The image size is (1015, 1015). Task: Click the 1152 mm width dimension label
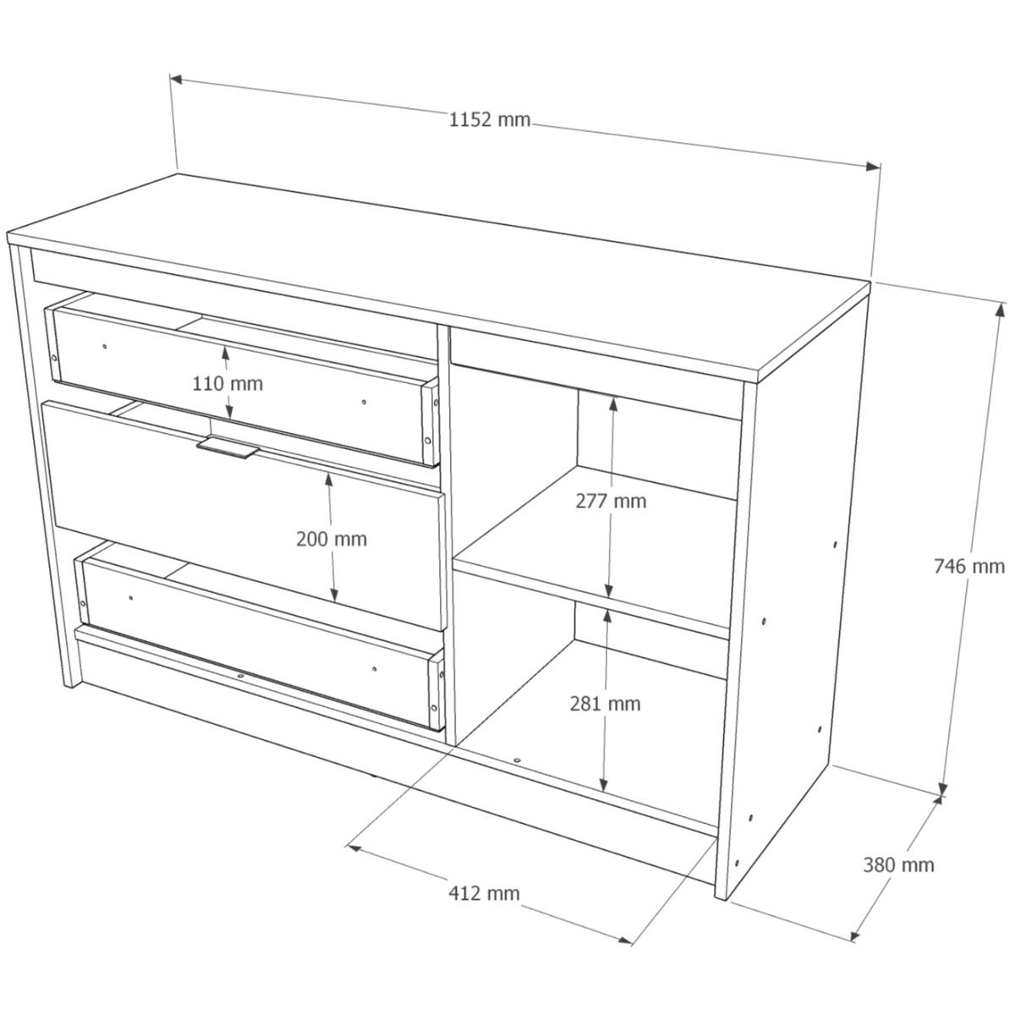tap(490, 120)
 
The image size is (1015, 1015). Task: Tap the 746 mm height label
tap(969, 566)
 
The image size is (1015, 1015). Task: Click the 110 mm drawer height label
tap(228, 383)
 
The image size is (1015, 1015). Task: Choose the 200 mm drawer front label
tap(332, 540)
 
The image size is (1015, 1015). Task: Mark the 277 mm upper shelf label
tap(611, 501)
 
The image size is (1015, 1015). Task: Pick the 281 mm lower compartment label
tap(606, 704)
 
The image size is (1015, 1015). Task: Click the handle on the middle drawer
tap(228, 447)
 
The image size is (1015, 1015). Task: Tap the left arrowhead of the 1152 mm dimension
tap(176, 80)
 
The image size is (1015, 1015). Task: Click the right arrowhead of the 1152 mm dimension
tap(873, 167)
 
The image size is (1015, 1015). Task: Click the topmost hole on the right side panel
tap(836, 545)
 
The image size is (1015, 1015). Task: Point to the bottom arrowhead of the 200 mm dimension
tap(334, 595)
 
